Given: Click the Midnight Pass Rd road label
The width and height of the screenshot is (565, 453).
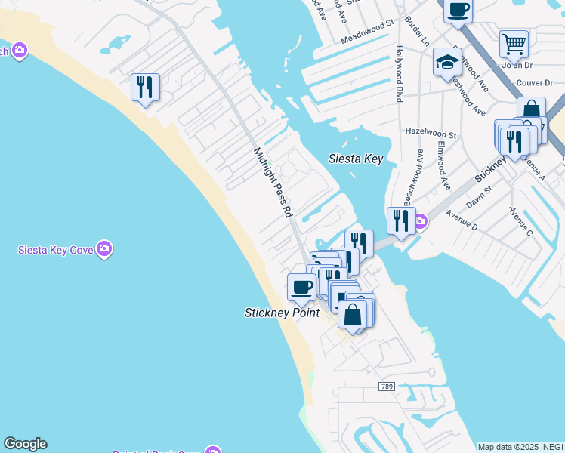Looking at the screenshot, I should tap(273, 183).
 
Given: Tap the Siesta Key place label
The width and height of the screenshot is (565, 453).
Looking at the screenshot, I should tap(356, 159).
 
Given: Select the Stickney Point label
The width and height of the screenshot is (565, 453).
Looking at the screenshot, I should tap(282, 313).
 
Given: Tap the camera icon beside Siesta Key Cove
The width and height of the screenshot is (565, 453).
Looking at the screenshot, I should tap(104, 248).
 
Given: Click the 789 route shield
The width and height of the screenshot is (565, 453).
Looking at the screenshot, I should tap(386, 387).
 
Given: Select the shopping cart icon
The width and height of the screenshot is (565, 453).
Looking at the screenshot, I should tap(514, 44).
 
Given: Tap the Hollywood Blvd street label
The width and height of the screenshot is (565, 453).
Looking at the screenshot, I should tap(399, 73).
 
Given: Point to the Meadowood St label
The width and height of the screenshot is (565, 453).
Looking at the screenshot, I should tap(367, 33).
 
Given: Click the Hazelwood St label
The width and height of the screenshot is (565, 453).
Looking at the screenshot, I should tap(431, 132).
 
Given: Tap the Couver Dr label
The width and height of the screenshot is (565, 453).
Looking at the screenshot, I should tap(535, 82).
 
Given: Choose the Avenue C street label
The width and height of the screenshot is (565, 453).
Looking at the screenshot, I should tap(520, 222).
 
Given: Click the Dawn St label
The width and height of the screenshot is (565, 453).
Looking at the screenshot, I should tap(479, 199).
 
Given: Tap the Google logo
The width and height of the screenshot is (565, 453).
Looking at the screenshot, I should tap(25, 444).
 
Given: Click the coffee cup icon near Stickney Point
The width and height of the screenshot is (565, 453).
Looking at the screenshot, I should tap(302, 287).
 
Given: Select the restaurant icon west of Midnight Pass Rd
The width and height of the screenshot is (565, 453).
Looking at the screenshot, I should tap(145, 87).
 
